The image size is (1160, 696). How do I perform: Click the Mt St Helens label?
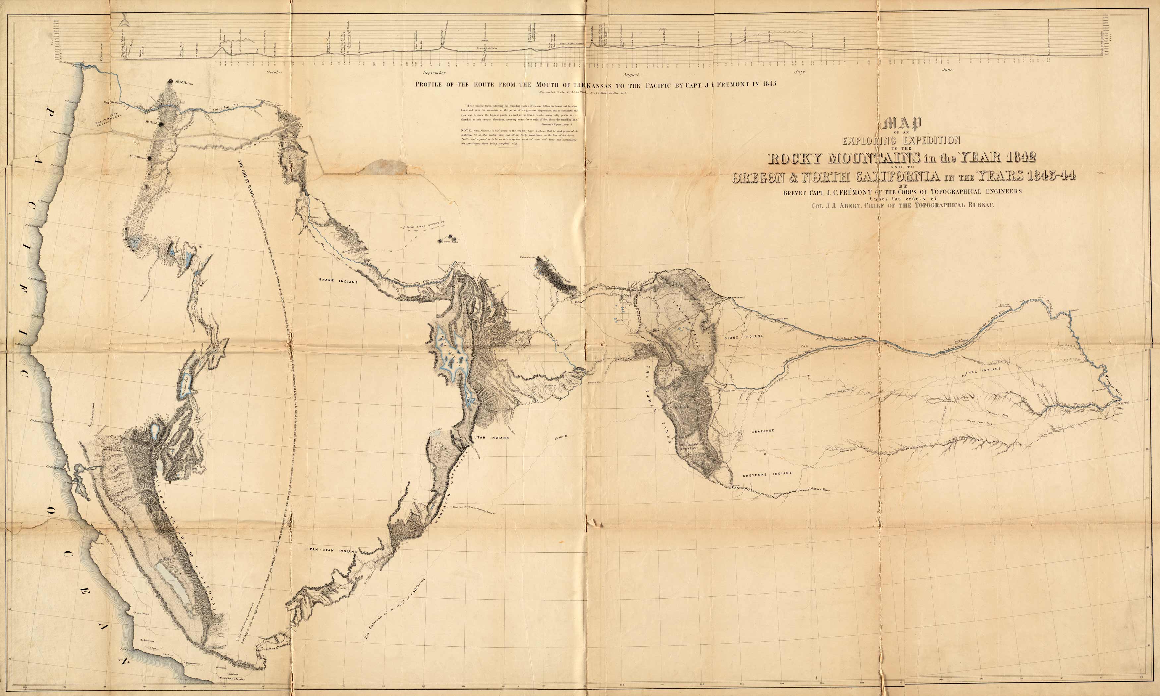click(x=184, y=83)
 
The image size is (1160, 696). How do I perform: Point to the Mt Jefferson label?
click(x=138, y=157)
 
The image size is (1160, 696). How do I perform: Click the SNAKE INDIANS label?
click(x=338, y=281)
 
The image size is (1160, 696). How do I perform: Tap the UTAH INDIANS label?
click(x=493, y=438)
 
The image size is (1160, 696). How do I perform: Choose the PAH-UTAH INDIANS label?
click(x=332, y=551)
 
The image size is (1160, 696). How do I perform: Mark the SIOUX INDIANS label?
click(x=743, y=336)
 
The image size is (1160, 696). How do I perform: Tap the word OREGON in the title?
click(x=761, y=177)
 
